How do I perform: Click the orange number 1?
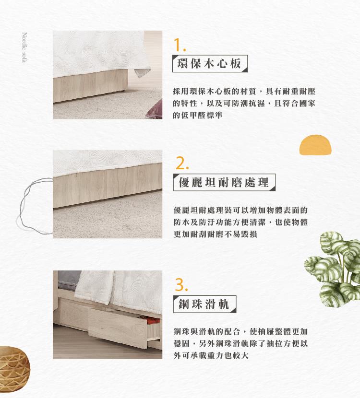click(x=180, y=45)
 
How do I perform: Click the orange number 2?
click(x=182, y=164)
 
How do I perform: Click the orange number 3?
click(x=181, y=285)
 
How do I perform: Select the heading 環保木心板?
click(x=209, y=63)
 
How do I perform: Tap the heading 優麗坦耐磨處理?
click(x=224, y=182)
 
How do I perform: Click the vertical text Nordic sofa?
click(x=24, y=47)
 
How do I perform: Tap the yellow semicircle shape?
click(x=315, y=145)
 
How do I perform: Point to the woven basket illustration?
click(x=14, y=369)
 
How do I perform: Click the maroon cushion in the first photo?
click(x=155, y=110)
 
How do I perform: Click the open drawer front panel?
click(x=118, y=328)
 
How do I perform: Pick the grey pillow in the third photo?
click(x=69, y=280)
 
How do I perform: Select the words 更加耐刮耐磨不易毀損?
click(x=215, y=234)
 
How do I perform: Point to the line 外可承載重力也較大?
click(x=211, y=355)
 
